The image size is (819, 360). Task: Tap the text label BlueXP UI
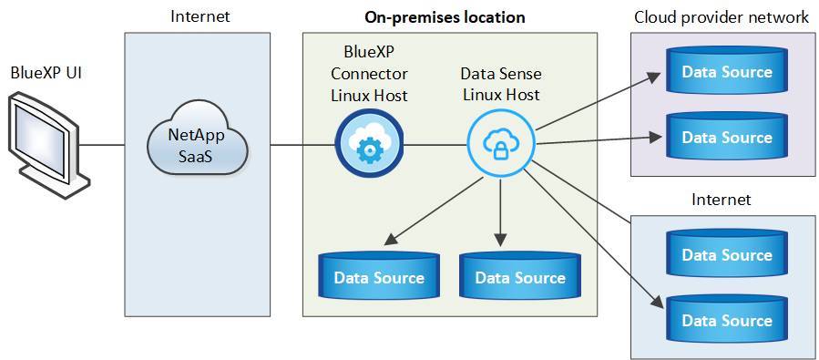pyautogui.click(x=46, y=72)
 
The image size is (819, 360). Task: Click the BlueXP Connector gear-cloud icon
pyautogui.click(x=369, y=144)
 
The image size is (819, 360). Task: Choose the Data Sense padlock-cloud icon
pyautogui.click(x=500, y=144)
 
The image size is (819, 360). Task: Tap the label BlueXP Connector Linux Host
pyautogui.click(x=369, y=73)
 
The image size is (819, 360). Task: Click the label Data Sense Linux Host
pyautogui.click(x=500, y=83)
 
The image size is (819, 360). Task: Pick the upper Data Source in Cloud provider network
pyautogui.click(x=726, y=72)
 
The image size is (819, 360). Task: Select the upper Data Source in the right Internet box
pyautogui.click(x=726, y=254)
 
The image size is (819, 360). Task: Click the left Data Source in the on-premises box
pyautogui.click(x=378, y=277)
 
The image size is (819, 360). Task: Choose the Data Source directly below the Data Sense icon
pyautogui.click(x=520, y=277)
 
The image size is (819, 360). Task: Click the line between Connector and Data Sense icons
pyautogui.click(x=435, y=144)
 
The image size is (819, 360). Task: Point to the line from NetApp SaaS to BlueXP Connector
pyautogui.click(x=292, y=144)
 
